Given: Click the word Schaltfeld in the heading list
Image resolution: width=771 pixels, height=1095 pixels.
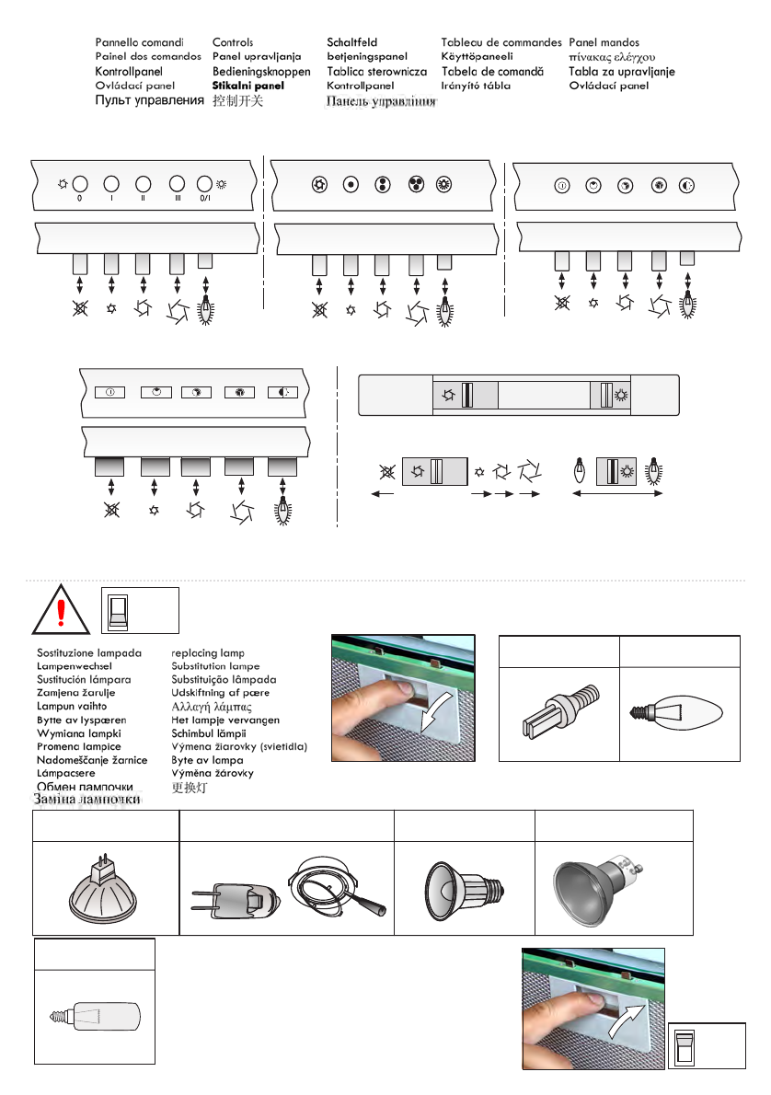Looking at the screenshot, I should coord(352,42).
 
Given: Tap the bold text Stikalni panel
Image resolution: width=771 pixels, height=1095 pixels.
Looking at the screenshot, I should coord(248,86).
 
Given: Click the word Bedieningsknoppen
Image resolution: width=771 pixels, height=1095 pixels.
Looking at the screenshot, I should coord(261,71).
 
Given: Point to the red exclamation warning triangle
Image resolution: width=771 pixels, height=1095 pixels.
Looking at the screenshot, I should coord(61,609).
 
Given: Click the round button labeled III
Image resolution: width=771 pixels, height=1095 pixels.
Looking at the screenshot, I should coord(175,184).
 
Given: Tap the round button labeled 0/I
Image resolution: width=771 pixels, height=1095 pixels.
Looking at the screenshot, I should coord(204,184).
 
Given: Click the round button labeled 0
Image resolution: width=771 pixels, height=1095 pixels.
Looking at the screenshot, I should coord(80,184).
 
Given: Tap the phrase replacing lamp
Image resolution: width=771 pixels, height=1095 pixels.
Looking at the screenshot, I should coord(207,652).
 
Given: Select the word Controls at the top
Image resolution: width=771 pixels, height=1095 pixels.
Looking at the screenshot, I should coord(233,42).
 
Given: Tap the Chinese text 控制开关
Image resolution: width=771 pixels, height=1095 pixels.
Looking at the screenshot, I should coord(237,100).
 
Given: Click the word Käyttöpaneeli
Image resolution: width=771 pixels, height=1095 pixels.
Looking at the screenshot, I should coord(477,56).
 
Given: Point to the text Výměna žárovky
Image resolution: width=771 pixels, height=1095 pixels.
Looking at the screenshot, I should coord(213,773).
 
